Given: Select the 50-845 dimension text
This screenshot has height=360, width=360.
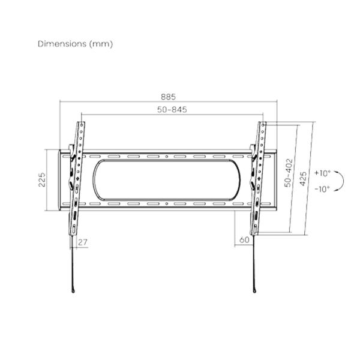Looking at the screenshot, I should pyautogui.click(x=172, y=110).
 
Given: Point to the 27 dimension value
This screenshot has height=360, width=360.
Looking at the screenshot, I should pyautogui.click(x=83, y=242).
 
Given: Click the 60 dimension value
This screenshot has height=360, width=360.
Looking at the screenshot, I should pyautogui.click(x=244, y=240).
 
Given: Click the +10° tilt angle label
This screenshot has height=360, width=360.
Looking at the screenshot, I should pyautogui.click(x=322, y=173).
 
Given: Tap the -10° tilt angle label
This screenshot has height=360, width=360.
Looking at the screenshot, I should pyautogui.click(x=322, y=189).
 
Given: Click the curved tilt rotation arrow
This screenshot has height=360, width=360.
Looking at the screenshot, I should pyautogui.click(x=340, y=181).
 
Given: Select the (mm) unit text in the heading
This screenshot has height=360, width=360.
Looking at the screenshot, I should pyautogui.click(x=101, y=44).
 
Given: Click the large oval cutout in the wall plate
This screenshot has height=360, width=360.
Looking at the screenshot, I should pyautogui.click(x=166, y=179).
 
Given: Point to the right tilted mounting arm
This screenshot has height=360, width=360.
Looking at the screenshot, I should pyautogui.click(x=257, y=180).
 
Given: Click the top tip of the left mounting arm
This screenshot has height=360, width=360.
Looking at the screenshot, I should pyautogui.click(x=81, y=123).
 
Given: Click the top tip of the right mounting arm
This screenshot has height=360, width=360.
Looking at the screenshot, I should pyautogui.click(x=263, y=123).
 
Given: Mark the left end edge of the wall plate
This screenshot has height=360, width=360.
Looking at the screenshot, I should pyautogui.click(x=59, y=180).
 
